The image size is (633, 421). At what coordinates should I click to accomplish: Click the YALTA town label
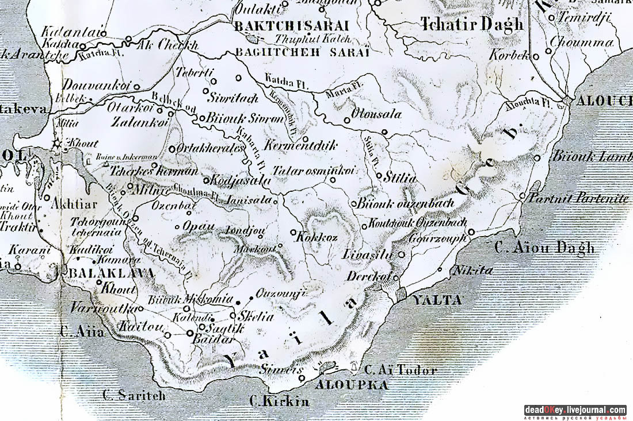point(437,300)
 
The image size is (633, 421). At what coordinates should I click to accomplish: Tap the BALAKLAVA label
point(110,273)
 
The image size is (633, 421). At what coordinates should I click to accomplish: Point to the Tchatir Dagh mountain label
point(472,24)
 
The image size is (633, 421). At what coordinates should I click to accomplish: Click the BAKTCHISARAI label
point(292,26)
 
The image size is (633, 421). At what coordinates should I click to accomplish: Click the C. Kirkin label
point(280,401)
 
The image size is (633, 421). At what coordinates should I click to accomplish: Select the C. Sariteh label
point(134,396)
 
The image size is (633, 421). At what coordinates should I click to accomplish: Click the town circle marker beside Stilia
point(380,176)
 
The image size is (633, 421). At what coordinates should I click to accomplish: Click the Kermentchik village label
point(300,146)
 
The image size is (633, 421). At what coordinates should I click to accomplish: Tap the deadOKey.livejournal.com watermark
point(575,410)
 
